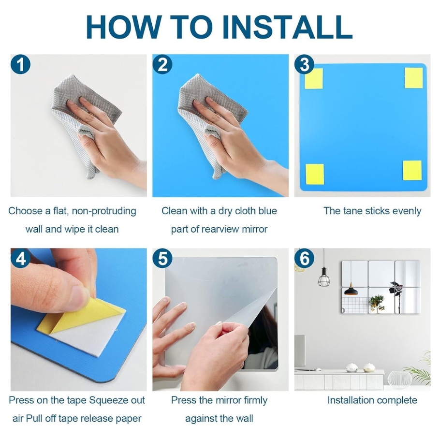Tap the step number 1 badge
[x=20, y=64]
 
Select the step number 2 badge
[x=162, y=64]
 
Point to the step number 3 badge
[x=304, y=64]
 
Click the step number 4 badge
[x=20, y=258]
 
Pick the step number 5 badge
[x=162, y=258]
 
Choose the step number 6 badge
[x=304, y=258]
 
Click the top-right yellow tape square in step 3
[x=413, y=78]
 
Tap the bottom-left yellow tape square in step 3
[x=315, y=174]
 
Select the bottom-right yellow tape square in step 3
[x=412, y=171]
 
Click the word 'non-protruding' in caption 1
[x=103, y=211]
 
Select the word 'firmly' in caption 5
[x=255, y=401]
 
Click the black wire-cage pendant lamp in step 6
[x=324, y=277]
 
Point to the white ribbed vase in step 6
[x=400, y=380]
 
